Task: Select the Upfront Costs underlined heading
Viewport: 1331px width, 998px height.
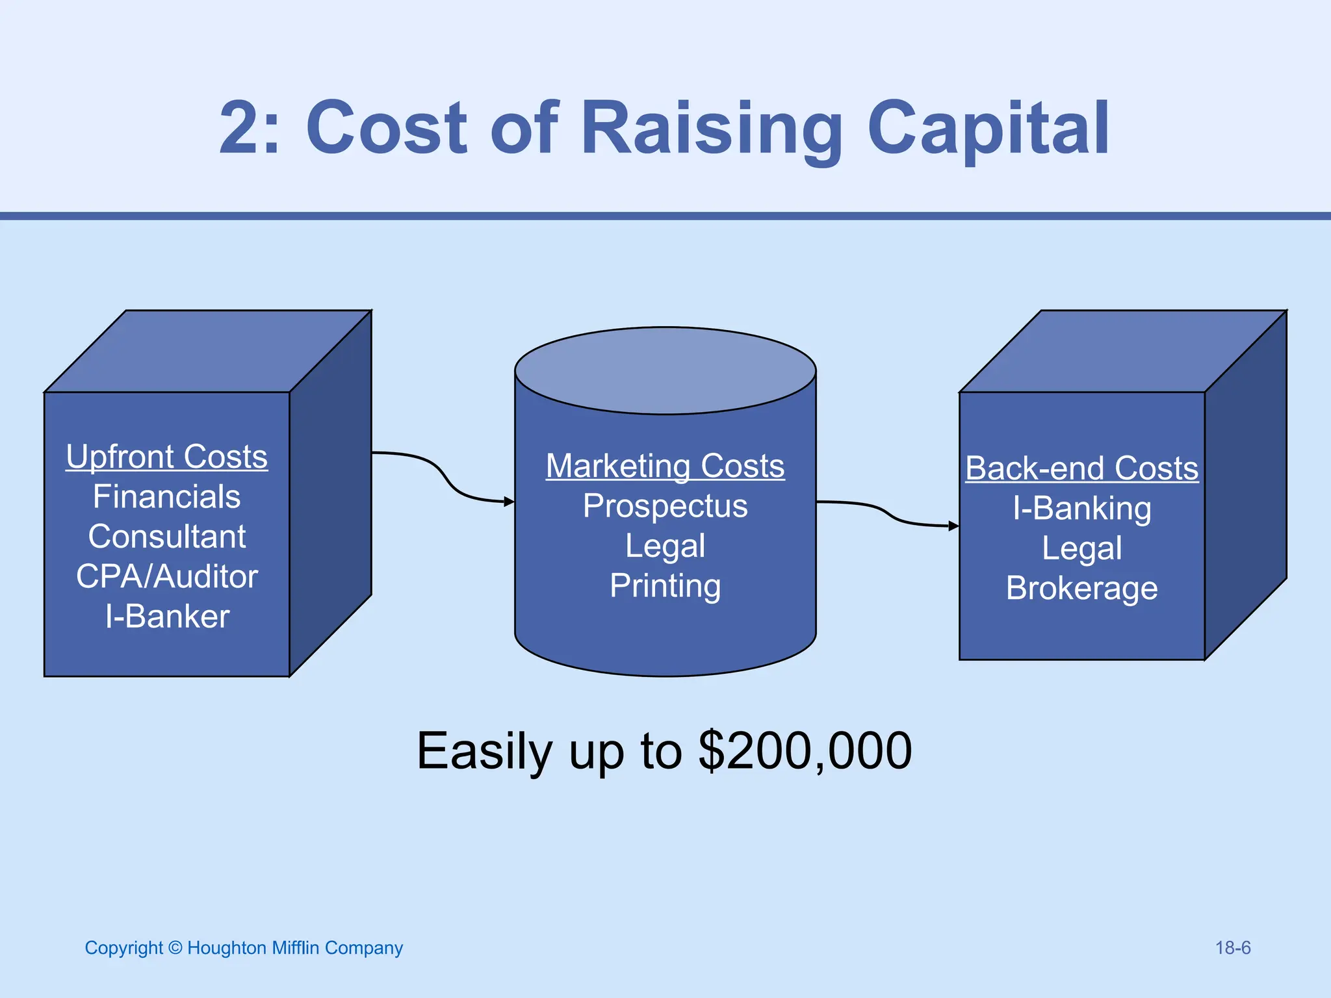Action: [167, 457]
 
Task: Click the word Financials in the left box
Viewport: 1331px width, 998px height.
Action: [167, 497]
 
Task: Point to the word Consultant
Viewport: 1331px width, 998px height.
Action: [167, 537]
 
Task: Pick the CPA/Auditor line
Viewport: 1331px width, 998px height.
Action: [167, 577]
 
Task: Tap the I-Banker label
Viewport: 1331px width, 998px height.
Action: [167, 617]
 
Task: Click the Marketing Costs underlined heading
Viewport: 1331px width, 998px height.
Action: [665, 467]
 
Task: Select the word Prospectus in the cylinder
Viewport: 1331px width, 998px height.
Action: [665, 506]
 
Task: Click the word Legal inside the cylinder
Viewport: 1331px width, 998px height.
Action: [665, 546]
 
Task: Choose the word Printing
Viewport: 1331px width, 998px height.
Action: [665, 586]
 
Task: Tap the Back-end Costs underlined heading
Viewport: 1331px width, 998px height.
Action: [1082, 468]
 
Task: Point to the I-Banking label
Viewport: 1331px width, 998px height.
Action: [1082, 509]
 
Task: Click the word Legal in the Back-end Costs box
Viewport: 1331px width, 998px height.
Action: [1082, 549]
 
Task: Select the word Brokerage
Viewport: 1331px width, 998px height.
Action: [1082, 589]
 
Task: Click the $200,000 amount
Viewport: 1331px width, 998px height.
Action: [805, 751]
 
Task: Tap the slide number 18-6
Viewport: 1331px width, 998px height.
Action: [1233, 948]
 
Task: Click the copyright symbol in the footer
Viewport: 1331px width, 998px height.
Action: [175, 948]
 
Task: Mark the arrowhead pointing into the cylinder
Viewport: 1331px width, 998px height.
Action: [510, 502]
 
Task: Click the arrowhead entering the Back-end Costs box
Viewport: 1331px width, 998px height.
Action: [954, 526]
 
